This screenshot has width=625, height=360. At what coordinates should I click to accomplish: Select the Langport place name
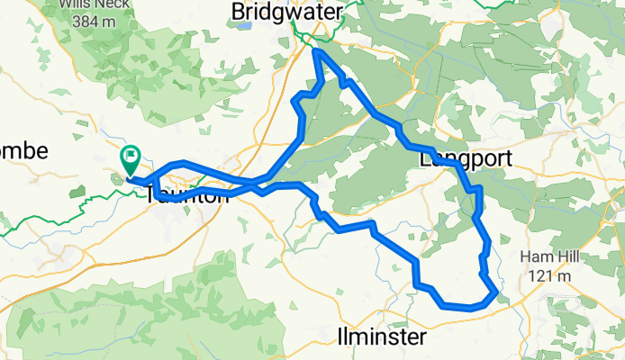[466, 159]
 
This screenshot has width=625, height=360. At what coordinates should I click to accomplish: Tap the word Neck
[104, 4]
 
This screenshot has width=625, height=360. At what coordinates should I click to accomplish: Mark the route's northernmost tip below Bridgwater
[316, 51]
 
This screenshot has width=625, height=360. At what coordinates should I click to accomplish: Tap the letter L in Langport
[425, 159]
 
